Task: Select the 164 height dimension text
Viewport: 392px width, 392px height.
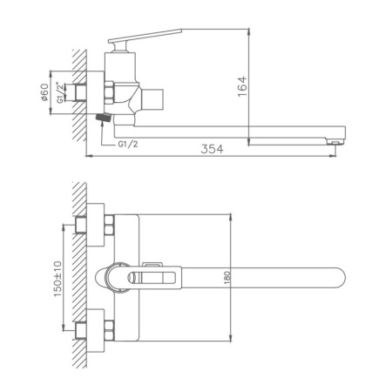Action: pyautogui.click(x=243, y=84)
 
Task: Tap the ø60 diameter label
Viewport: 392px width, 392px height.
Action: pyautogui.click(x=44, y=90)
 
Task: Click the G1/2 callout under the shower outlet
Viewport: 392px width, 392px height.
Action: pyautogui.click(x=128, y=145)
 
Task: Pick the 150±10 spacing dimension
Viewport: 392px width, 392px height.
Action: pyautogui.click(x=56, y=278)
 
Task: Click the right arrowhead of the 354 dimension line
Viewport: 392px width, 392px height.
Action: pyautogui.click(x=336, y=157)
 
